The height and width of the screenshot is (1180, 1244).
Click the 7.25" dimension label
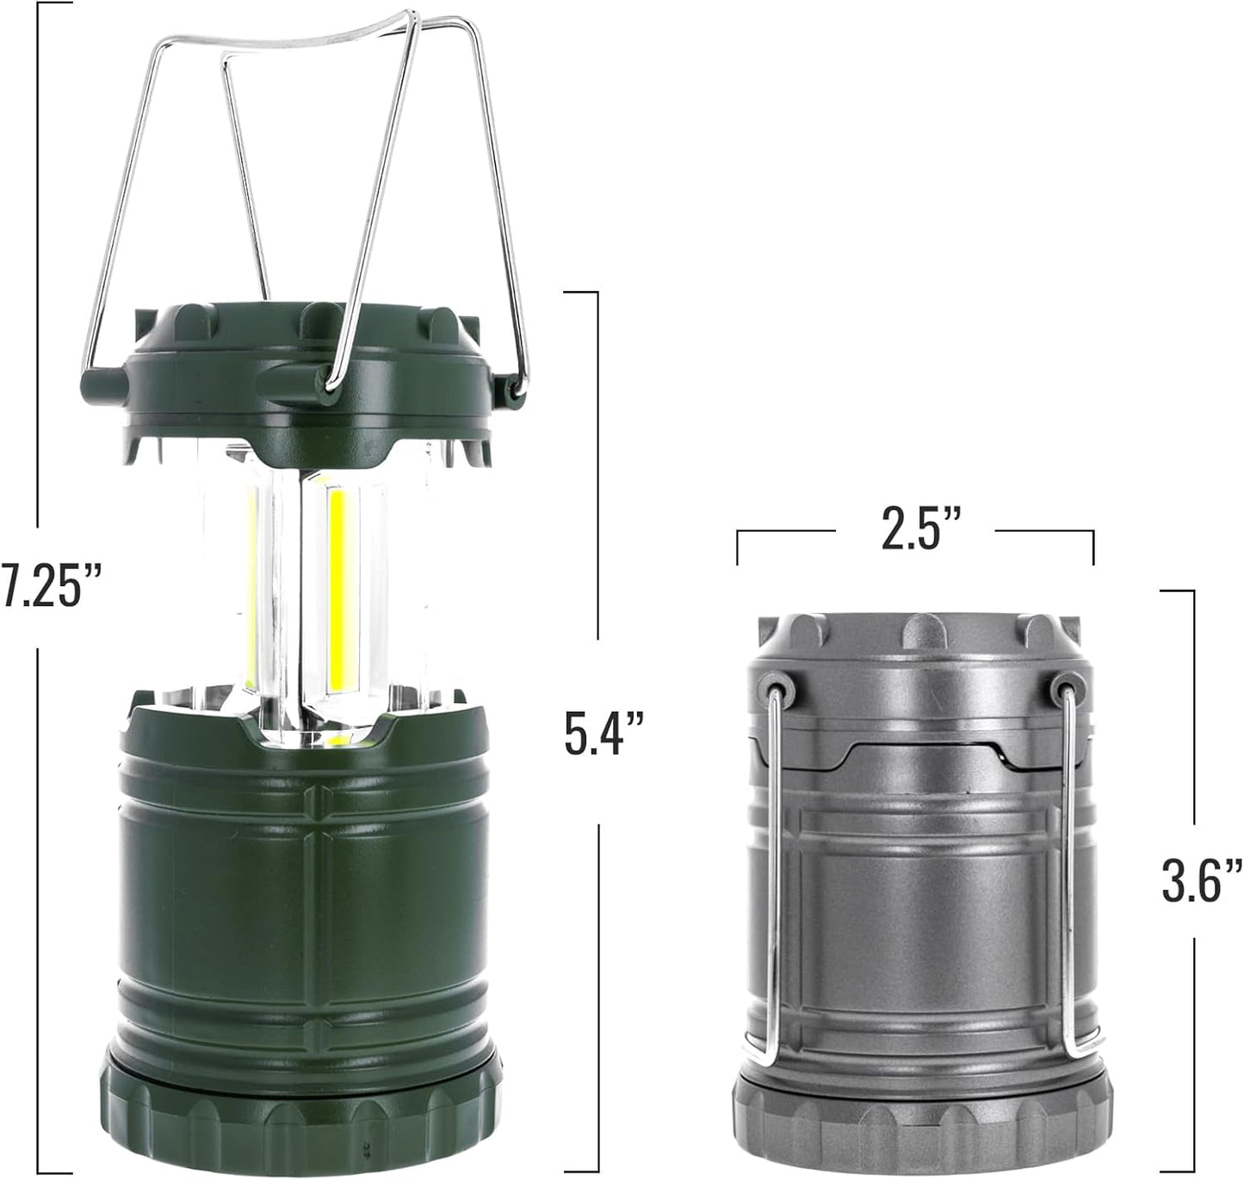(51, 585)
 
